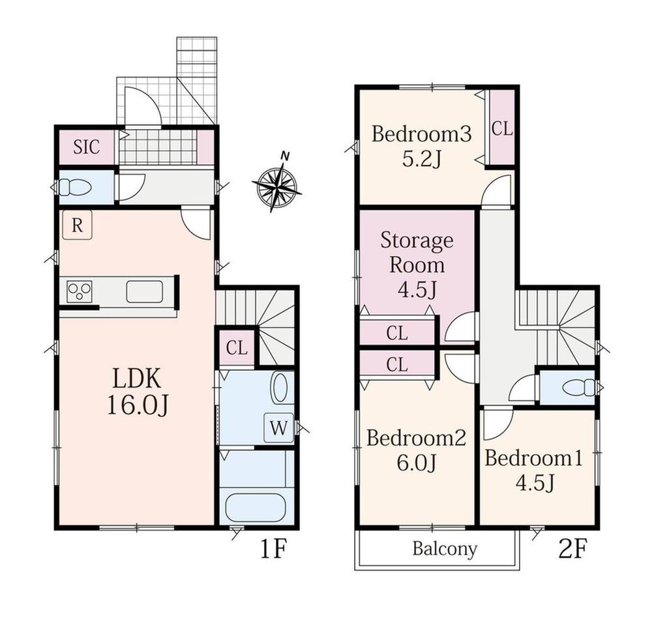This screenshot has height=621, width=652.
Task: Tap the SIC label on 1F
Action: tap(87, 147)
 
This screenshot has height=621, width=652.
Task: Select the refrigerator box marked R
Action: tap(77, 225)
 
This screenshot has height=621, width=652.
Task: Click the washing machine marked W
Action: tap(279, 427)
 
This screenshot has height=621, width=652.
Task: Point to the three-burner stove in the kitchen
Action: tap(80, 291)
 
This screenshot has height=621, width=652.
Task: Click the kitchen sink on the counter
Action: tap(145, 291)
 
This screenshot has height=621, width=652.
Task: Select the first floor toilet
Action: tap(74, 187)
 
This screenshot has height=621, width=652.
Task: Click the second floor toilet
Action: tap(579, 388)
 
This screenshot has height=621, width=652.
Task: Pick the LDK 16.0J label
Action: tap(137, 392)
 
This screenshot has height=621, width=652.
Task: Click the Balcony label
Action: tap(445, 549)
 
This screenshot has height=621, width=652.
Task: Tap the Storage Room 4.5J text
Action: tap(417, 265)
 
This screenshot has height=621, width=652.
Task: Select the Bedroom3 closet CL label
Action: tap(502, 129)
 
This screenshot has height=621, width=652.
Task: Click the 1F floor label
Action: tap(273, 549)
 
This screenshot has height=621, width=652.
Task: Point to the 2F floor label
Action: tap(572, 549)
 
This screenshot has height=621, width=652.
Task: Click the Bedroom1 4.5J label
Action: tap(535, 470)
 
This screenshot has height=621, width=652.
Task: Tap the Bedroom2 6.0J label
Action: tap(416, 450)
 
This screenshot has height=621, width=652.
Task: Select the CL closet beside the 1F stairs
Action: tap(237, 348)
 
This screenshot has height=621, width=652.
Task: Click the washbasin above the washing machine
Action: tap(280, 388)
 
